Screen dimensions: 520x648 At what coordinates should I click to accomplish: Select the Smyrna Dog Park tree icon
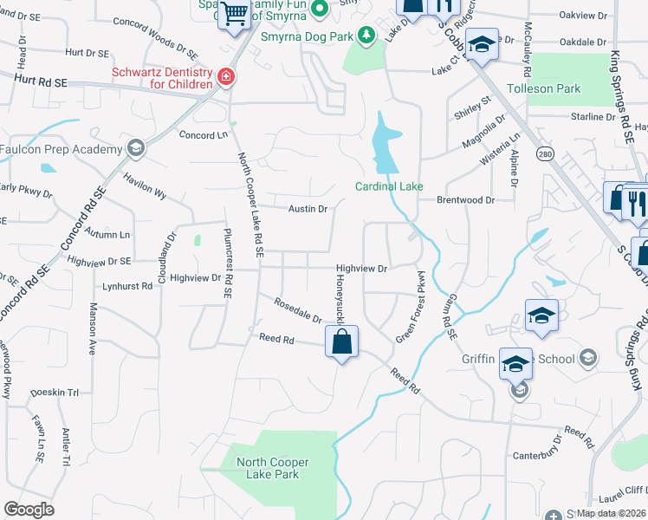pyautogui.click(x=368, y=34)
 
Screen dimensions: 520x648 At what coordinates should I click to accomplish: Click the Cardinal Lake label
pyautogui.click(x=389, y=186)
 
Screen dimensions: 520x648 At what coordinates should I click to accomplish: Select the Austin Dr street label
pyautogui.click(x=308, y=209)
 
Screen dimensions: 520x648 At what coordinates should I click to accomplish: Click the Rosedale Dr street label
pyautogui.click(x=298, y=311)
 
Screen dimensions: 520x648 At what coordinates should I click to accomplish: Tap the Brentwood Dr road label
pyautogui.click(x=465, y=200)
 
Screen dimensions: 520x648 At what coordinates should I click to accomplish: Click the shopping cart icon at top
pyautogui.click(x=234, y=14)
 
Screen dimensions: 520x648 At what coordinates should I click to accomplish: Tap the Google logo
pyautogui.click(x=29, y=510)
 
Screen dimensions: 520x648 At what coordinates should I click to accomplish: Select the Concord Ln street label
pyautogui.click(x=203, y=135)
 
